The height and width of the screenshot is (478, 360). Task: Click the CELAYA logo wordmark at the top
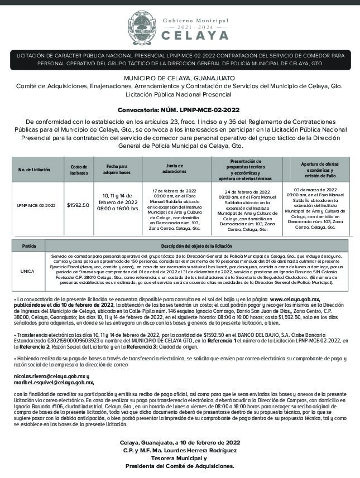(195, 35)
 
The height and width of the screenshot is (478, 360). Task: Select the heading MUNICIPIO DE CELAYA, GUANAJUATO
(179, 78)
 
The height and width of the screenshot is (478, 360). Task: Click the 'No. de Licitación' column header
(34, 170)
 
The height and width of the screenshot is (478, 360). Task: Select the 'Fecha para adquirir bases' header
(118, 170)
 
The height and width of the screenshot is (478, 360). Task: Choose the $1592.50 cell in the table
(78, 205)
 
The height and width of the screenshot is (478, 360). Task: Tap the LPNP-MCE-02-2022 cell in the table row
(37, 205)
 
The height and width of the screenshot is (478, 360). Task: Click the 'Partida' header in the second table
(29, 245)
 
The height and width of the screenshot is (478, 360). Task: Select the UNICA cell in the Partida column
(27, 271)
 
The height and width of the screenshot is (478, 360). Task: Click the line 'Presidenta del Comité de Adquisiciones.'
(179, 466)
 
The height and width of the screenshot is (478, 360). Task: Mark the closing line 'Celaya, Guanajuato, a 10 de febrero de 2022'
(179, 442)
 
